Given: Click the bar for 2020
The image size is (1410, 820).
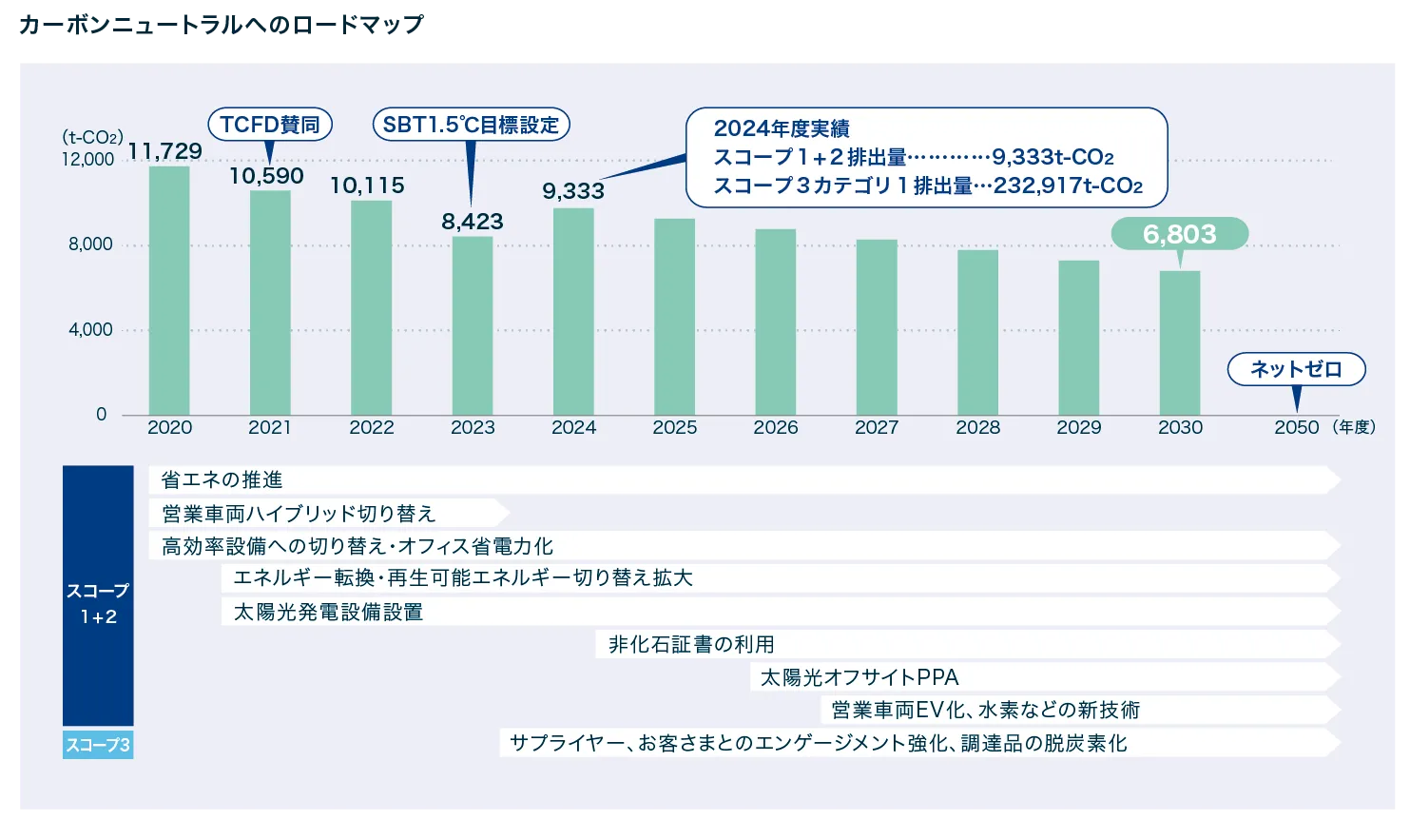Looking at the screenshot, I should (x=169, y=290).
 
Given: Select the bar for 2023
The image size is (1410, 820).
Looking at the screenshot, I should (x=473, y=325).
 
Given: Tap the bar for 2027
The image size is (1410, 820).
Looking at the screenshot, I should (x=877, y=327).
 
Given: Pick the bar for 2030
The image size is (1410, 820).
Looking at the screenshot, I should (x=1180, y=342).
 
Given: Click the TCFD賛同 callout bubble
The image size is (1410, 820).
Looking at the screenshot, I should (x=270, y=125).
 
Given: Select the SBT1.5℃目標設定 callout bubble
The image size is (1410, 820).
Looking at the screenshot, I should (x=471, y=125).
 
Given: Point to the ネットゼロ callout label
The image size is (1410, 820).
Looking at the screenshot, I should (x=1296, y=369).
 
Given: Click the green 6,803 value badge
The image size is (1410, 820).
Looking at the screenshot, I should (x=1180, y=234).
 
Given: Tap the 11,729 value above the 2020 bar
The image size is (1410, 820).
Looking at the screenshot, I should (x=165, y=151).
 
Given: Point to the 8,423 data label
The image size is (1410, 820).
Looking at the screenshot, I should (x=473, y=222).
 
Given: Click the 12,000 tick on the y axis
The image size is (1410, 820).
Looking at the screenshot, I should (x=88, y=160).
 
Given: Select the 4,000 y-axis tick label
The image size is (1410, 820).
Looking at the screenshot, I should (x=90, y=330).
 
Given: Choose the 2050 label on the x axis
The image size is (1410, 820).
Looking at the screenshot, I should (x=1296, y=428).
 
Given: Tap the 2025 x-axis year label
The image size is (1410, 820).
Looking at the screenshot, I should (x=675, y=428).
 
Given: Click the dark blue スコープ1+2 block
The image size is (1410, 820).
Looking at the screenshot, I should (x=98, y=595).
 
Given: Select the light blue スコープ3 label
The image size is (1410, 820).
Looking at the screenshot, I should (x=98, y=745).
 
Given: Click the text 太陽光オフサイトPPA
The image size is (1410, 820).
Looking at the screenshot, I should (x=860, y=677).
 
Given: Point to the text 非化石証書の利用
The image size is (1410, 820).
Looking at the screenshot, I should (x=691, y=645).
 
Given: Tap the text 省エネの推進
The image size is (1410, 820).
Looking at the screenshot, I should (x=222, y=480).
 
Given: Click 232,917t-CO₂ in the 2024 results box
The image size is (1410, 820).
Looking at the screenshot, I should (x=1068, y=185).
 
